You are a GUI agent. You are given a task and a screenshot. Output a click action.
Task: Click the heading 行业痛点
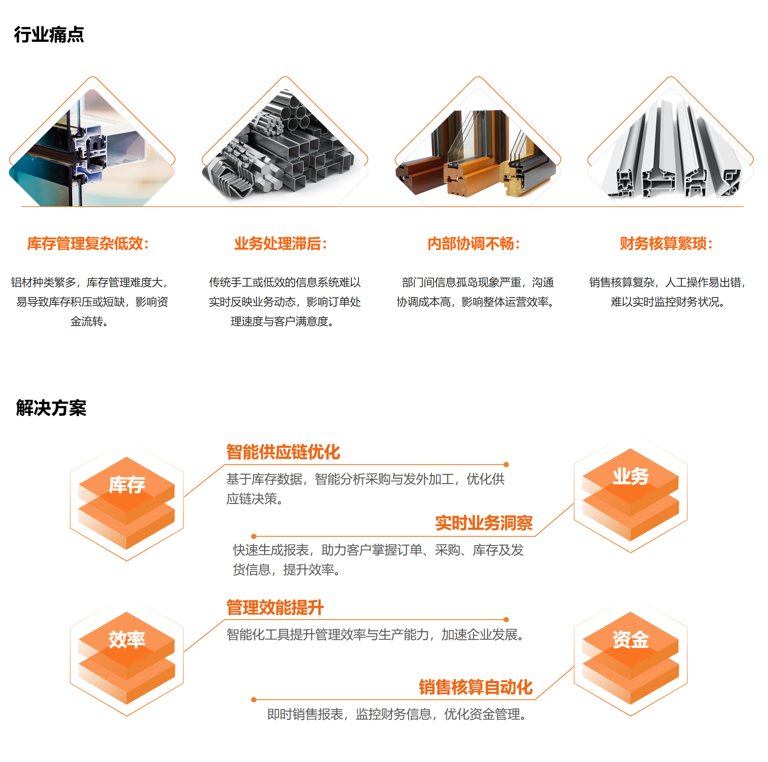tap(49, 35)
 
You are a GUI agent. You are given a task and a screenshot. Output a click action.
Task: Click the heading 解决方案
tap(51, 408)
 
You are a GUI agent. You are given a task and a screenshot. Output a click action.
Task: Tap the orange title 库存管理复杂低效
tap(88, 244)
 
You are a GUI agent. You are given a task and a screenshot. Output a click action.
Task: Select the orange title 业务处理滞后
tap(280, 244)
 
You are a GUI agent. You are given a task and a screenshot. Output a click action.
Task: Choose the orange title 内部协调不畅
tap(474, 244)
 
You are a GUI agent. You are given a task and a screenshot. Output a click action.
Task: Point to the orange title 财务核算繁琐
tap(666, 244)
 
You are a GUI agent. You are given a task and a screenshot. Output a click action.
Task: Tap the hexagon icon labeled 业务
tap(631, 494)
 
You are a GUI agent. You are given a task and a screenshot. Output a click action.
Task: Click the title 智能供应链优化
tap(283, 452)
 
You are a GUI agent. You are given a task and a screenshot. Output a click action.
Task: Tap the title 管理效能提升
tap(275, 608)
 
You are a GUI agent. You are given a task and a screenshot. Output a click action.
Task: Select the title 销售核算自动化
tap(475, 687)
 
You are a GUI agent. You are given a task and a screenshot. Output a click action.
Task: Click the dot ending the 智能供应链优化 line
tap(506, 465)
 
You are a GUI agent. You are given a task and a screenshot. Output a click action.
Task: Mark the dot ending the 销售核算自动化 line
tap(254, 699)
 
